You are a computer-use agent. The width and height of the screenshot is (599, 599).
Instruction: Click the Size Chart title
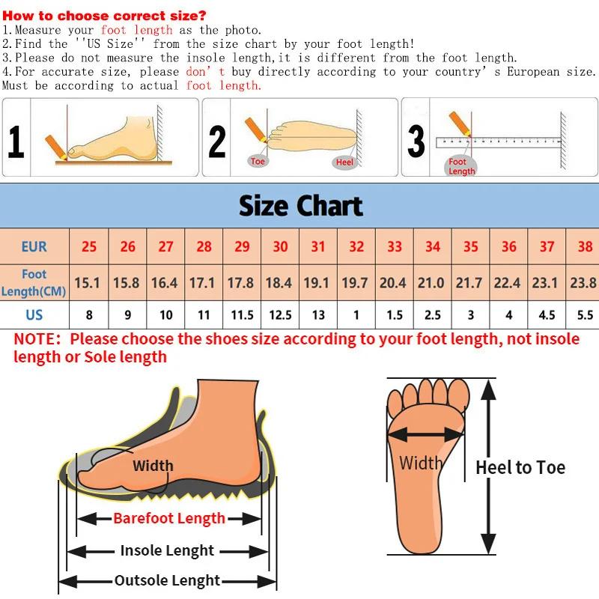(x=300, y=206)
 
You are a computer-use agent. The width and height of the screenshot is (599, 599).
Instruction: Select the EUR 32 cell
(x=356, y=246)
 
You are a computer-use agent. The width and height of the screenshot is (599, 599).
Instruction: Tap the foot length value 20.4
(x=393, y=282)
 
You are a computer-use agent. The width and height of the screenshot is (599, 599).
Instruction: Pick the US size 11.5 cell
(x=242, y=314)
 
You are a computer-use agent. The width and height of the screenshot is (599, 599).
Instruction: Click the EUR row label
(x=34, y=246)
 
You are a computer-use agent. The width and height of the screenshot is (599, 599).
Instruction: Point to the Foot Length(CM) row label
(x=34, y=282)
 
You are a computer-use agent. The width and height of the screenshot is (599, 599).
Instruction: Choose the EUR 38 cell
(x=585, y=246)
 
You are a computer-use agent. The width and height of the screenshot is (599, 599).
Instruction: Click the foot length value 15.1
(x=88, y=282)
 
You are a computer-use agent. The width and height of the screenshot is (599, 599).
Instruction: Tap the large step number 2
(x=217, y=141)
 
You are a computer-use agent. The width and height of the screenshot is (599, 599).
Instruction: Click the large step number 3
(x=416, y=141)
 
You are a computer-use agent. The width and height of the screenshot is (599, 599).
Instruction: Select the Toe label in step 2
(x=258, y=162)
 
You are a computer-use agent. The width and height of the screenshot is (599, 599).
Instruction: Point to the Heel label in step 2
(x=344, y=162)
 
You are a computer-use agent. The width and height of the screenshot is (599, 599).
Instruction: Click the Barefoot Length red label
(x=169, y=518)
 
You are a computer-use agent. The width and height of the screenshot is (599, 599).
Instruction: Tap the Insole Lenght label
(x=167, y=550)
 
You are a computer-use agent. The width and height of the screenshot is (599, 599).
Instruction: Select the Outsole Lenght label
(x=167, y=580)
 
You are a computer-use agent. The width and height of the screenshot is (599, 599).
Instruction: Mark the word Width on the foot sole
(x=420, y=463)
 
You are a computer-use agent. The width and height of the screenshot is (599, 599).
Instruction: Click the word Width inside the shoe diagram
(x=153, y=466)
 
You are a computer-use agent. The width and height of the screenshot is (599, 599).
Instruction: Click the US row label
(x=34, y=314)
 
